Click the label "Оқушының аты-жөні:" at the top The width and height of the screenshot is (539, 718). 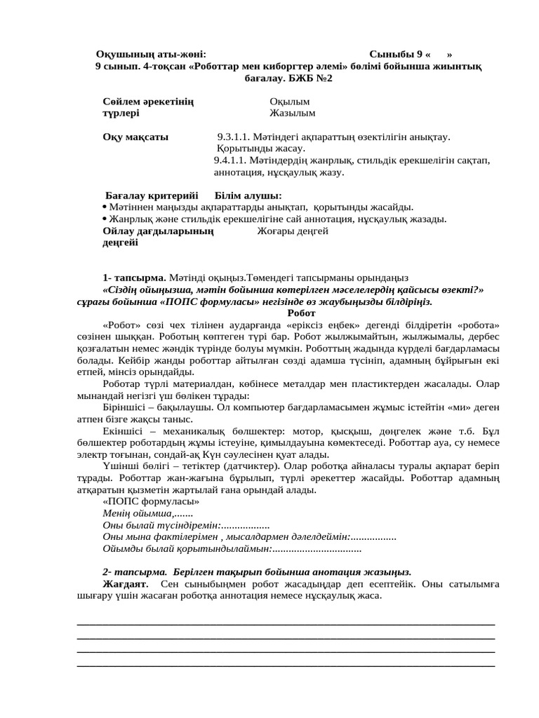(151, 54)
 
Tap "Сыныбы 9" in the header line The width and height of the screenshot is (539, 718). (396, 54)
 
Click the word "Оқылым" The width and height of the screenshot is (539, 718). (289, 101)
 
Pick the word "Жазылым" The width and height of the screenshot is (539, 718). (293, 112)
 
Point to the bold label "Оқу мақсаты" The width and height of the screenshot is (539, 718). (135, 137)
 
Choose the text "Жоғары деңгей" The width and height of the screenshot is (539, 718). (293, 230)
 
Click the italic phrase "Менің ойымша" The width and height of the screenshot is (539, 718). (133, 513)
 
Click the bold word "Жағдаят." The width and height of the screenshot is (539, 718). (126, 583)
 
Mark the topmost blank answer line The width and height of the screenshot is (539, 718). (285, 623)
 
